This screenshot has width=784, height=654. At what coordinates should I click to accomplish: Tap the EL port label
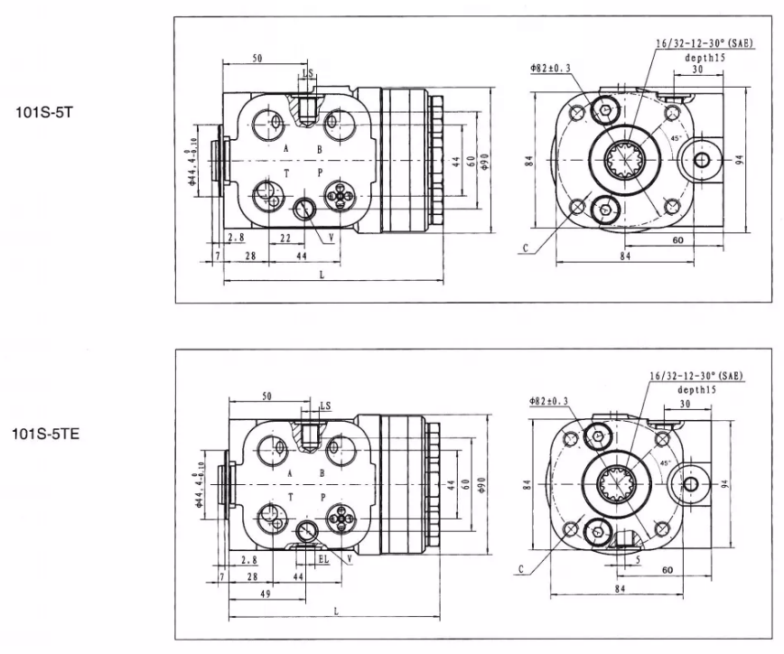point(322,559)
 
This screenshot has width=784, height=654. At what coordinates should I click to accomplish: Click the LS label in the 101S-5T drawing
point(308,72)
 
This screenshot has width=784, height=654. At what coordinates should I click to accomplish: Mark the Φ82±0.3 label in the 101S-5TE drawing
point(549,401)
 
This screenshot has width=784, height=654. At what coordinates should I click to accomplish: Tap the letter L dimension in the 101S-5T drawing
point(322,275)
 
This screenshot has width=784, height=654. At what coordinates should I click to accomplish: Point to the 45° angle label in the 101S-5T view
point(675,137)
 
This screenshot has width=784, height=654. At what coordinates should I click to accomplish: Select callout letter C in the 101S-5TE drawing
point(522,570)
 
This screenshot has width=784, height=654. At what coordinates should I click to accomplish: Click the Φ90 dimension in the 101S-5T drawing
point(486,161)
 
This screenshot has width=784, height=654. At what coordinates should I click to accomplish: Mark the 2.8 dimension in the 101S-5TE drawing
point(248,559)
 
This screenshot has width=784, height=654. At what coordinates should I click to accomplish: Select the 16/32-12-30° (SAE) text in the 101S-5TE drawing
point(696,374)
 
